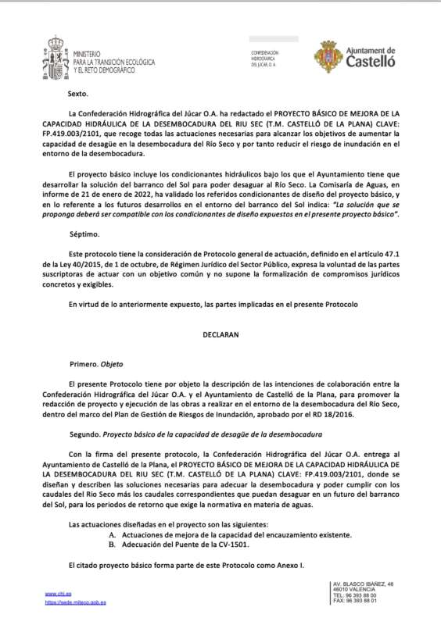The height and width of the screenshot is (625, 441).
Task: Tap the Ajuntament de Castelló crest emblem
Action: coord(328,56)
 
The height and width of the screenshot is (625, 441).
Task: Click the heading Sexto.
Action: coord(78,94)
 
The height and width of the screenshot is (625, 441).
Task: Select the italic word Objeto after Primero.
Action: coord(111,363)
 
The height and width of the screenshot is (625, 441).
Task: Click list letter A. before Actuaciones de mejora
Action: coord(113,534)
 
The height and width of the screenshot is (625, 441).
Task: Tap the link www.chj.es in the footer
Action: coord(55,594)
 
